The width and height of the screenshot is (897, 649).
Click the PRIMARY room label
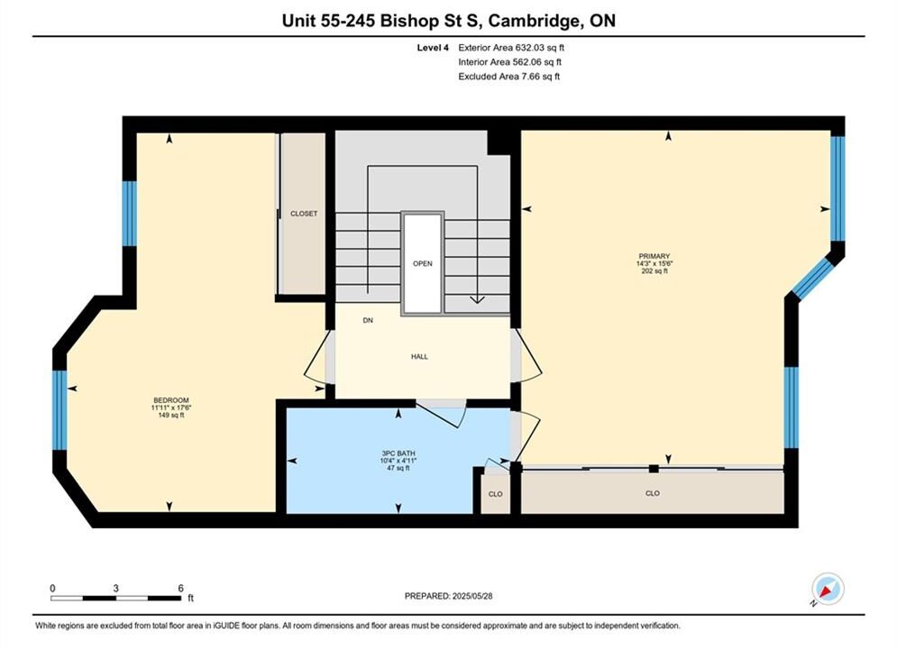point(654,256)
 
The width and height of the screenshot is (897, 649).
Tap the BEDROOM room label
point(171,400)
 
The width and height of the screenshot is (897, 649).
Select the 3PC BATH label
point(398,452)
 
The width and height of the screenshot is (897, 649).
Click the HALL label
point(419,356)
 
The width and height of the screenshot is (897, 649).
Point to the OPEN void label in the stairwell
point(423,263)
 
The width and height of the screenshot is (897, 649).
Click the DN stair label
point(368,320)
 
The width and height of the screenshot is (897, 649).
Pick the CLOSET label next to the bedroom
point(304,214)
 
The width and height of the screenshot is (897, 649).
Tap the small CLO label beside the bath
point(496,494)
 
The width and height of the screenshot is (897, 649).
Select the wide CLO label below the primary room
point(652,493)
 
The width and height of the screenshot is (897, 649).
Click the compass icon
point(828,589)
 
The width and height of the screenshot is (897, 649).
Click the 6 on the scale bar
point(181,589)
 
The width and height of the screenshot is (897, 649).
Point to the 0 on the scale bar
point(52,589)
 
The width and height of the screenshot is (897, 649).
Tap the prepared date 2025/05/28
point(472,596)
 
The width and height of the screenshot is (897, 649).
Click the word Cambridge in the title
point(532,21)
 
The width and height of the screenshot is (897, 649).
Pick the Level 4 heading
point(433,48)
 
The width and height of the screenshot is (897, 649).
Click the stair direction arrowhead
point(477,299)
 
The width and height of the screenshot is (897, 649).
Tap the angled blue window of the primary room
point(811,279)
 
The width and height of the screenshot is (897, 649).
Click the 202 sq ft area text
point(654,271)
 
